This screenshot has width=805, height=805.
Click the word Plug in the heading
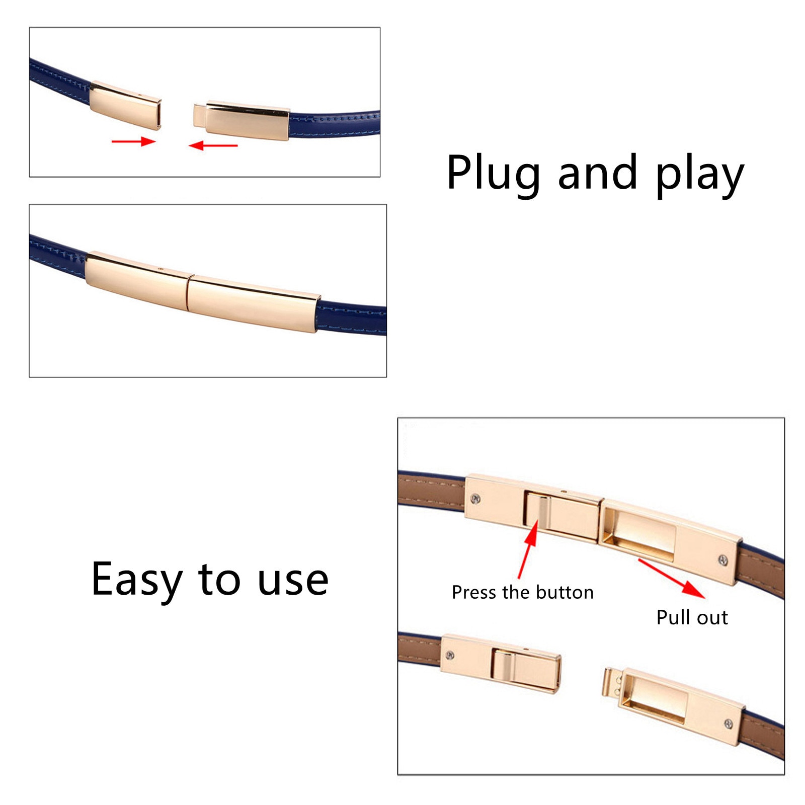click(x=493, y=174)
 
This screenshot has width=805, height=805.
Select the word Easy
click(x=136, y=580)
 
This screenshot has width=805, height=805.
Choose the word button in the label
click(x=565, y=592)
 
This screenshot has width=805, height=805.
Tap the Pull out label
click(x=692, y=617)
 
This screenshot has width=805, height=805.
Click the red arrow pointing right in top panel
click(x=133, y=141)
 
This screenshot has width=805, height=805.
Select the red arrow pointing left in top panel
click(x=213, y=145)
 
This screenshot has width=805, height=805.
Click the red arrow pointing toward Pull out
click(x=672, y=578)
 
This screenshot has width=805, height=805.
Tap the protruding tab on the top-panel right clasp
click(x=200, y=115)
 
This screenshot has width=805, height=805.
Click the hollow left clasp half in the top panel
click(x=126, y=105)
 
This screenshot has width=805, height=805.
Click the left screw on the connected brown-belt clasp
click(x=475, y=499)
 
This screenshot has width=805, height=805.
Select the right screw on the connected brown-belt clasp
click(x=723, y=560)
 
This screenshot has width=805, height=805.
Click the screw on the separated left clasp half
click(x=450, y=655)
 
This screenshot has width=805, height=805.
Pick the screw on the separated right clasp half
click(x=728, y=724)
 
